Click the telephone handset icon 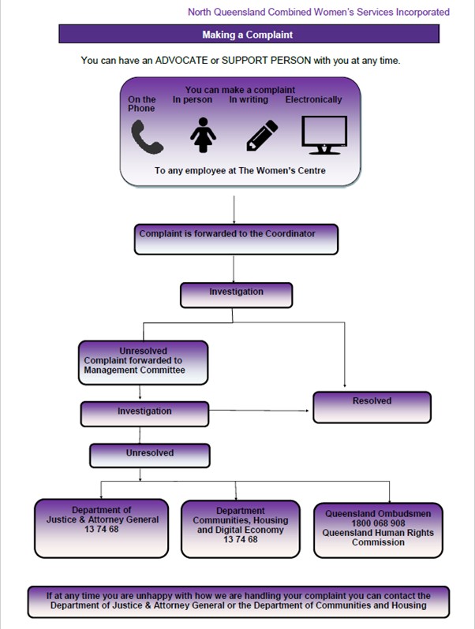click(x=147, y=137)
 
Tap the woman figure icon click(x=203, y=135)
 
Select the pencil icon click(x=262, y=136)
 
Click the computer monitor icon click(x=324, y=136)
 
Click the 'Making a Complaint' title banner click(x=249, y=34)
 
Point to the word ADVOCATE click(x=181, y=61)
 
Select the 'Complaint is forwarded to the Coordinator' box click(x=236, y=240)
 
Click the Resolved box click(x=372, y=408)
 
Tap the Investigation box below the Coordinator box click(x=236, y=296)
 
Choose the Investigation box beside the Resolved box click(x=144, y=414)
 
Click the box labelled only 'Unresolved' click(x=150, y=456)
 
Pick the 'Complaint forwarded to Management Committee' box click(x=144, y=363)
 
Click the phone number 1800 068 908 click(x=378, y=523)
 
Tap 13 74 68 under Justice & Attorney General click(x=102, y=529)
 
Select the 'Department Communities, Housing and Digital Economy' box click(x=241, y=529)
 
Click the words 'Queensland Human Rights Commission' click(x=378, y=538)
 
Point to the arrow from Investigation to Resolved click(x=259, y=411)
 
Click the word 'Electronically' click(x=313, y=99)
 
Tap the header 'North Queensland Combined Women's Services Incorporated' click(x=319, y=12)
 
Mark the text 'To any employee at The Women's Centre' click(x=240, y=170)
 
